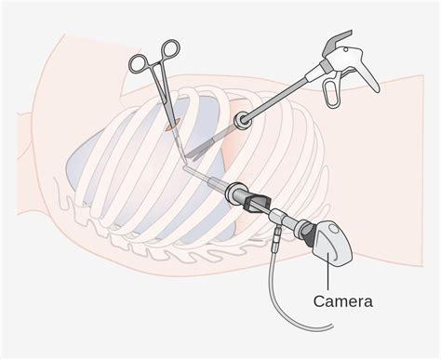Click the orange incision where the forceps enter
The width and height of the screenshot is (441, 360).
tap(173, 125)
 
